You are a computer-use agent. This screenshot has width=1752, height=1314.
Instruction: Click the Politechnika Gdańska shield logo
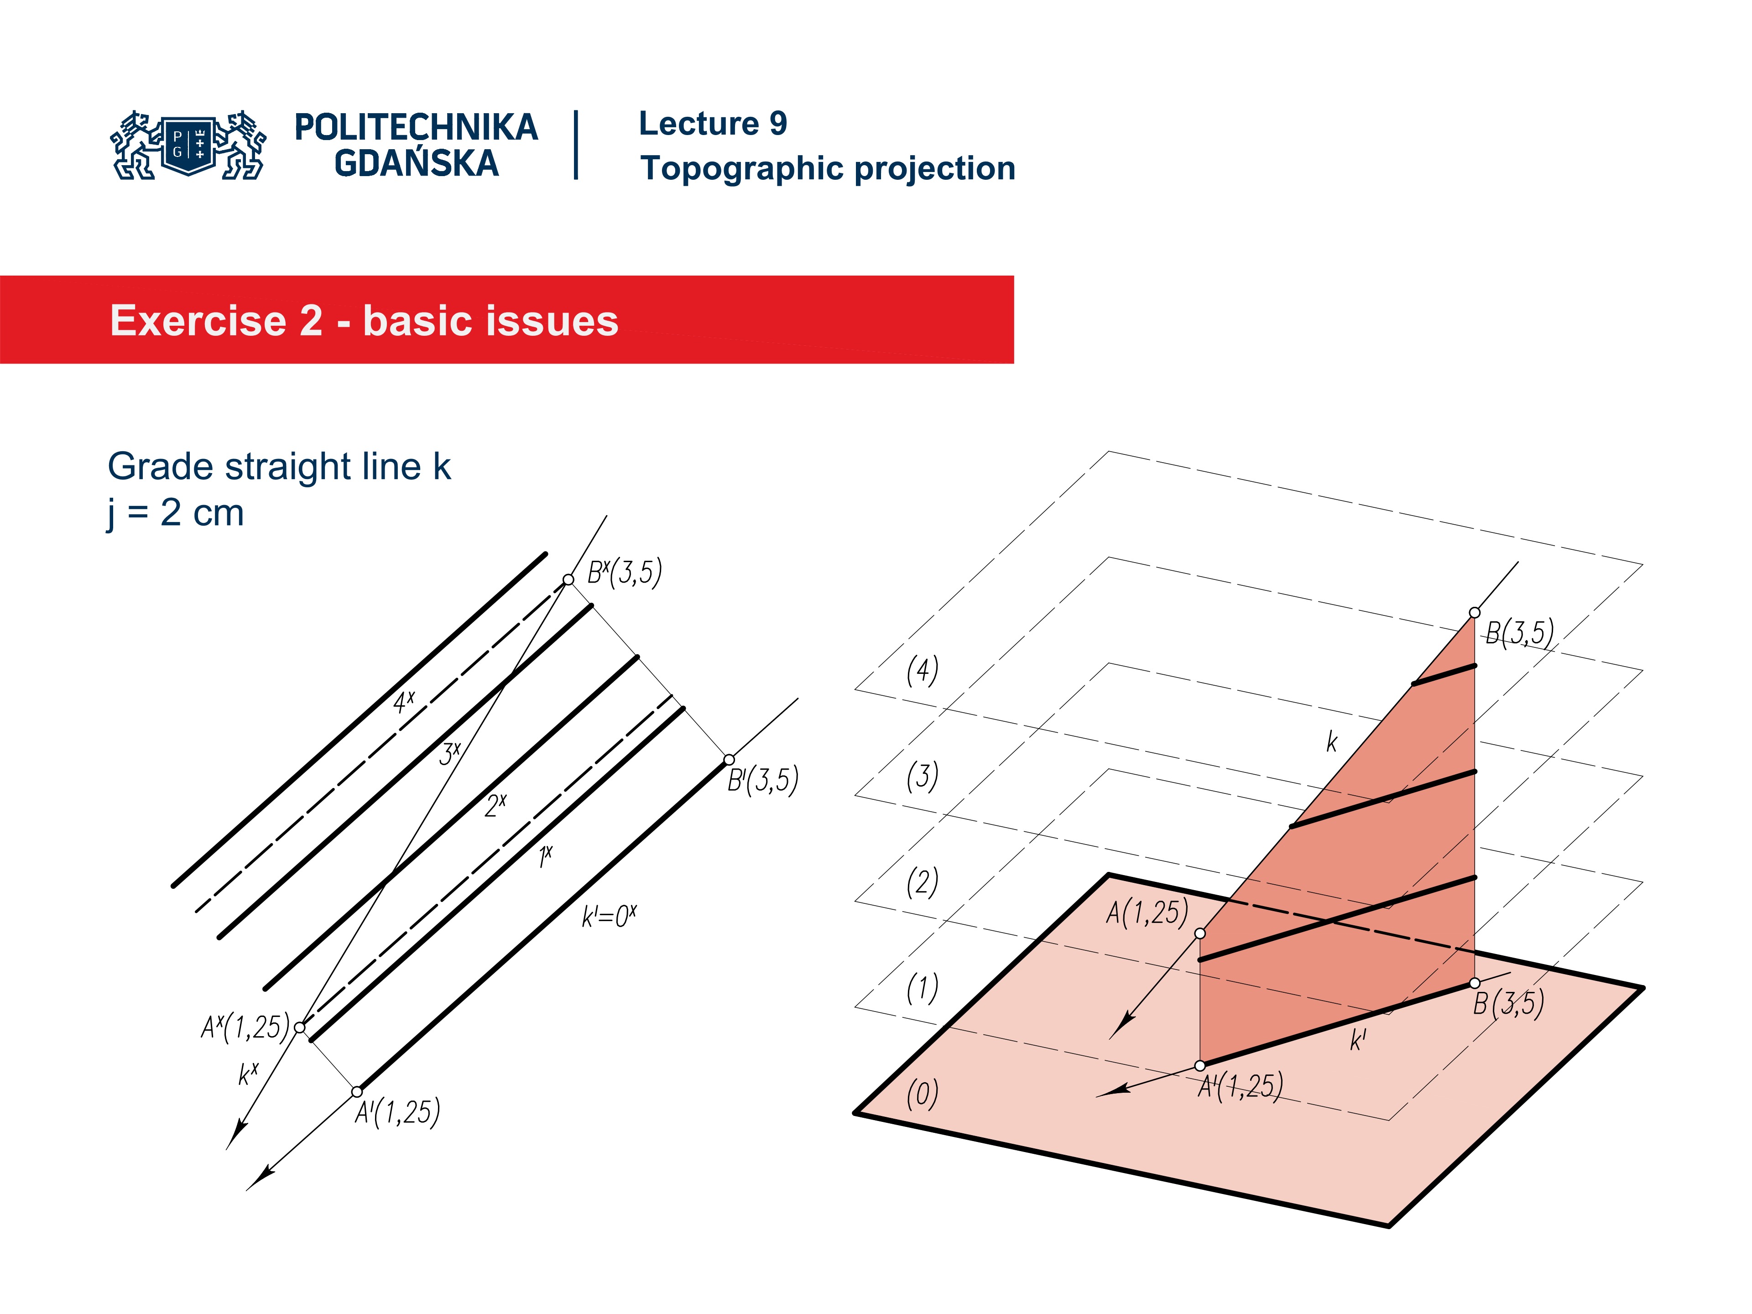(x=188, y=145)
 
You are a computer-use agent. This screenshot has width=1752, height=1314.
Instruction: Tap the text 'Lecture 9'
(x=713, y=124)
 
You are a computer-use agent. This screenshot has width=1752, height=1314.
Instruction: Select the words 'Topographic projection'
(x=828, y=169)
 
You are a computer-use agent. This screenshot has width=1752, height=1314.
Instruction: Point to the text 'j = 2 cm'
(x=176, y=513)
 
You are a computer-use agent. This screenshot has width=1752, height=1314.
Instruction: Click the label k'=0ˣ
(x=608, y=917)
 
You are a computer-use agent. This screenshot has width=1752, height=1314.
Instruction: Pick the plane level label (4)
(x=922, y=670)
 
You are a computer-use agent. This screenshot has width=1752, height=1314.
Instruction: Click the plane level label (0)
(x=922, y=1094)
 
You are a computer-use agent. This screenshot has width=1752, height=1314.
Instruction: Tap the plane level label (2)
(x=922, y=881)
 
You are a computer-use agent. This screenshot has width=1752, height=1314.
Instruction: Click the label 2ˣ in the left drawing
(x=496, y=805)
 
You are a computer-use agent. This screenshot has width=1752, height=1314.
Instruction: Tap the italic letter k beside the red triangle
(x=1331, y=742)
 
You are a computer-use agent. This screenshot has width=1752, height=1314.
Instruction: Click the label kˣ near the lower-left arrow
(x=248, y=1074)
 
